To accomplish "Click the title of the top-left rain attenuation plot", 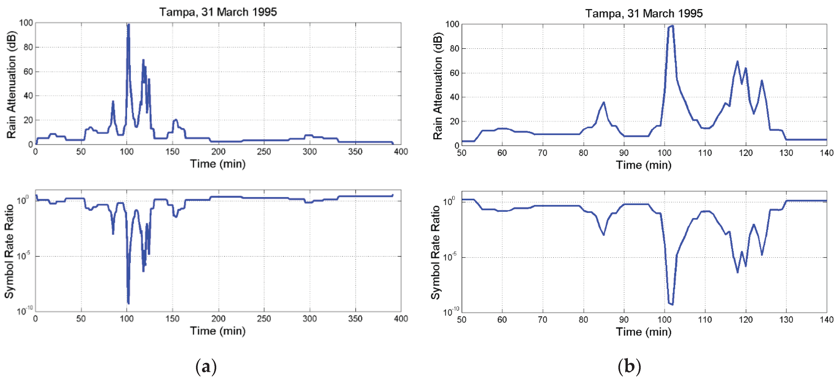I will [218, 12].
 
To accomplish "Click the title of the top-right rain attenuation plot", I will [644, 13].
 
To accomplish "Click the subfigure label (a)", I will [206, 367].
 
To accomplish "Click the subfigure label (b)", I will [629, 367].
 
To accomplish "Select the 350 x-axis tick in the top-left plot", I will [355, 152].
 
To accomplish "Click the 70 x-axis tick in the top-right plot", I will [542, 153].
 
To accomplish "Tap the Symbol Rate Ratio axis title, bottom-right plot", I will [435, 253].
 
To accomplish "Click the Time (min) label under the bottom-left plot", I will [218, 331].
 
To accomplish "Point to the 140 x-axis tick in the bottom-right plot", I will [826, 320].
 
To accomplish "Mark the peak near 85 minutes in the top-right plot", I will [603, 102].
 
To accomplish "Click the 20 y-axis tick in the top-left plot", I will [28, 120].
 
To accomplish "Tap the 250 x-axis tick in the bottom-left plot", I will [264, 319].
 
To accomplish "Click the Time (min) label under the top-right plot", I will [644, 165].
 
